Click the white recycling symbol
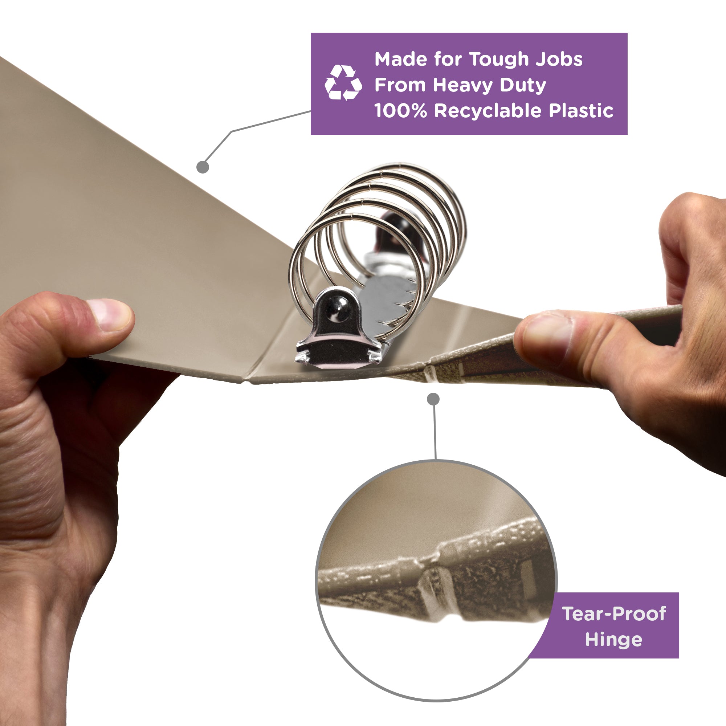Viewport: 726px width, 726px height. [343, 83]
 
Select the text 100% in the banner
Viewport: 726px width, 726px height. [401, 111]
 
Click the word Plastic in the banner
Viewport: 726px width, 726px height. [581, 111]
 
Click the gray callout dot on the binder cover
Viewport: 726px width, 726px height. [203, 167]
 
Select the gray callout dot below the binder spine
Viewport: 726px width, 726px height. [433, 399]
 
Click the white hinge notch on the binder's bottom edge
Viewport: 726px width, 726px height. [430, 374]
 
